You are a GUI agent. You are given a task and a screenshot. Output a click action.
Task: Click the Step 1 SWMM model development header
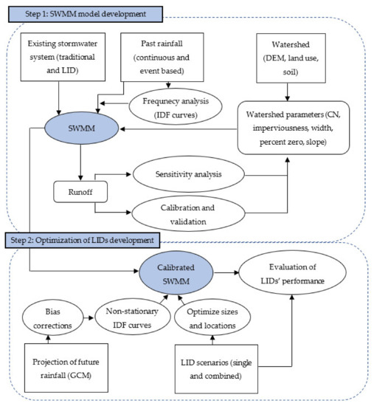click(x=86, y=14)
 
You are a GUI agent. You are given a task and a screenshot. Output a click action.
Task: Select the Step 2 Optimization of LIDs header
click(x=83, y=241)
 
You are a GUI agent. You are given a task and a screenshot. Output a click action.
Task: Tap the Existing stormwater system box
click(x=63, y=57)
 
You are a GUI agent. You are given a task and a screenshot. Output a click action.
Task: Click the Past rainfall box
click(x=162, y=58)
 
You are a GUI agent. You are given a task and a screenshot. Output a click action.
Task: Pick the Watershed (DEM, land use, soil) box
click(x=291, y=58)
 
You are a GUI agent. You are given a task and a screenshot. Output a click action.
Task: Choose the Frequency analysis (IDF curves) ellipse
click(x=176, y=108)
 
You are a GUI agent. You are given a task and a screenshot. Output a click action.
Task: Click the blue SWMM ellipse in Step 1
click(x=82, y=128)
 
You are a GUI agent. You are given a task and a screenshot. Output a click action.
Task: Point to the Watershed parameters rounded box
click(x=294, y=128)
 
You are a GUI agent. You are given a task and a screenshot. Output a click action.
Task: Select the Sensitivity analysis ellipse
click(x=188, y=174)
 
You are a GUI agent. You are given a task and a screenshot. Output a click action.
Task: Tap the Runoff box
click(x=80, y=192)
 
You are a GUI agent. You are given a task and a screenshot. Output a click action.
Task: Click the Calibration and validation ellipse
click(x=188, y=214)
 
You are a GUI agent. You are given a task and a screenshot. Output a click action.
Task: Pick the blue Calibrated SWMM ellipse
click(x=176, y=273)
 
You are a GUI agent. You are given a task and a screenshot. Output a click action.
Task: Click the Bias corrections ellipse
click(x=53, y=317)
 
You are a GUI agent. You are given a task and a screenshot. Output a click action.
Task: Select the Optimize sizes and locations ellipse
click(x=212, y=317)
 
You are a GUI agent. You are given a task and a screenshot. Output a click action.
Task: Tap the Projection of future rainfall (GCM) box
click(x=66, y=368)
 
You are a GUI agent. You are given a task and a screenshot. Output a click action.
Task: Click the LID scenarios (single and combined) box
click(x=216, y=368)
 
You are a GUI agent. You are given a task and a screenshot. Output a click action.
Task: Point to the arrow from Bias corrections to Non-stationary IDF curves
click(x=89, y=317)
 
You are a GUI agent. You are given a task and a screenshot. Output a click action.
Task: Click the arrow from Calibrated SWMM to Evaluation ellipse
click(x=226, y=272)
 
